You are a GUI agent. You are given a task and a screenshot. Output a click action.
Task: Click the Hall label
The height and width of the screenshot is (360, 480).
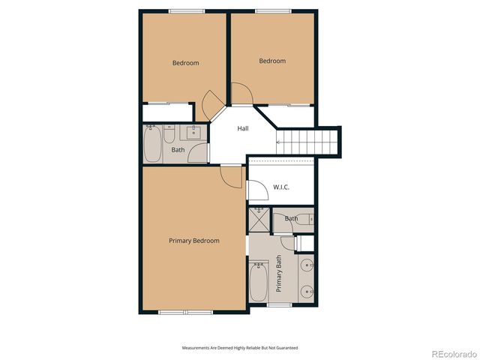243,129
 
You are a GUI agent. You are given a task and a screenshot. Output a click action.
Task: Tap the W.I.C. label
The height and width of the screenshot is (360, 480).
281,187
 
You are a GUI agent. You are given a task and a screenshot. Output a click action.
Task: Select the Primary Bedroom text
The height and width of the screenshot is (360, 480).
193,241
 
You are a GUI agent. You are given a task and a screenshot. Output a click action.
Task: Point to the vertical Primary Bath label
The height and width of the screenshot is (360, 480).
279,274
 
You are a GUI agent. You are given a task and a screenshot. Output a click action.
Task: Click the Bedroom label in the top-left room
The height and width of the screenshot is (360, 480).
185,63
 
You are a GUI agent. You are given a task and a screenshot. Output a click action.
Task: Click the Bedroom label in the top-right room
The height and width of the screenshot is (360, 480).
272,61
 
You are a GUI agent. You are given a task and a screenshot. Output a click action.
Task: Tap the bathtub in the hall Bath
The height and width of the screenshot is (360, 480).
152,144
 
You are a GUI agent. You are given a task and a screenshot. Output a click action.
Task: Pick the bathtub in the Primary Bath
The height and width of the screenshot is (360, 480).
258,282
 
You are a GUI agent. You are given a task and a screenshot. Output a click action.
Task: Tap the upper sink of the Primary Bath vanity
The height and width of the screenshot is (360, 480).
307,265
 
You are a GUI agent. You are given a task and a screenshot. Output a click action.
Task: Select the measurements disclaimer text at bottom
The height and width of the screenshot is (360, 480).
240,348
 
